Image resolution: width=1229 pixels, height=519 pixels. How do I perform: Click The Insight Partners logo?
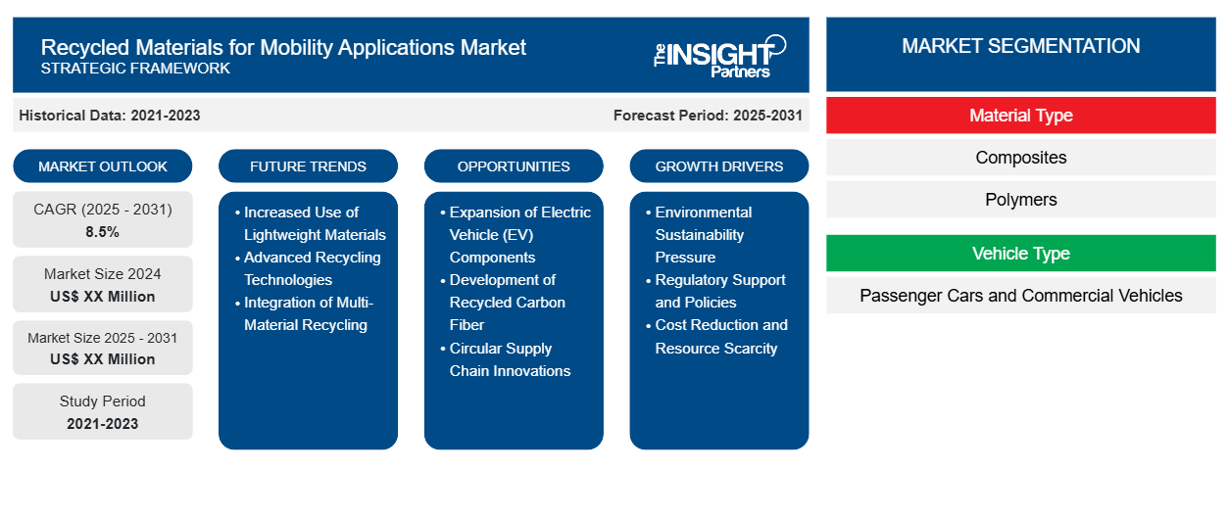click(x=719, y=56)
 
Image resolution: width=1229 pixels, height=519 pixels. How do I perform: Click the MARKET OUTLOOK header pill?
click(x=103, y=166)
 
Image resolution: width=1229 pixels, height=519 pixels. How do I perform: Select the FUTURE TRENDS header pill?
click(x=308, y=166)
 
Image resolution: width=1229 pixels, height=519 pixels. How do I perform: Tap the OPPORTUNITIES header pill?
click(x=514, y=166)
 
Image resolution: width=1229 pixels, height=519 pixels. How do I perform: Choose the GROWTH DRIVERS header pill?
click(x=719, y=166)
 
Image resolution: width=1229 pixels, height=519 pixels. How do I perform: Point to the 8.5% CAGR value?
click(x=103, y=233)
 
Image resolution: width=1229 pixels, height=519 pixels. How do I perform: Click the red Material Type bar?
click(x=1020, y=116)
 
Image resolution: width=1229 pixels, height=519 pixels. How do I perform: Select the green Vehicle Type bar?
click(x=1020, y=254)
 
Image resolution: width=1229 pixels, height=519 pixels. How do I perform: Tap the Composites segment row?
click(x=1020, y=158)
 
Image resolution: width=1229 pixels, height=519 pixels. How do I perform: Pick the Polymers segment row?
click(x=1020, y=200)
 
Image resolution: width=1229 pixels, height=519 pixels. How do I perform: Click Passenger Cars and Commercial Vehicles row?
click(x=1020, y=296)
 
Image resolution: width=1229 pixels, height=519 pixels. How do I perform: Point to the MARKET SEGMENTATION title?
click(x=1020, y=46)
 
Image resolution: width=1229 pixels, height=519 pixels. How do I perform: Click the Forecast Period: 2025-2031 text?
click(x=708, y=116)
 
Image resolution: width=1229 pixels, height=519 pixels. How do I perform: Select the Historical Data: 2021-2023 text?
click(x=110, y=116)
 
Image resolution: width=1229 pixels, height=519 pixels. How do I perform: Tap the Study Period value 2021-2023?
click(x=103, y=424)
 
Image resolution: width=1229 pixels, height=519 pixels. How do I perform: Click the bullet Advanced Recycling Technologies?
click(x=312, y=268)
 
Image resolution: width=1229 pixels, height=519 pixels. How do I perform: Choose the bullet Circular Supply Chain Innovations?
click(x=509, y=359)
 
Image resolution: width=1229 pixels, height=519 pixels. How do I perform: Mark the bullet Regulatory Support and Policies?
click(x=719, y=291)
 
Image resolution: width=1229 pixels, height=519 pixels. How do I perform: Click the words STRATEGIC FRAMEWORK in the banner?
click(x=135, y=69)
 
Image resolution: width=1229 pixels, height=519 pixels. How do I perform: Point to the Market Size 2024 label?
click(x=103, y=274)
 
